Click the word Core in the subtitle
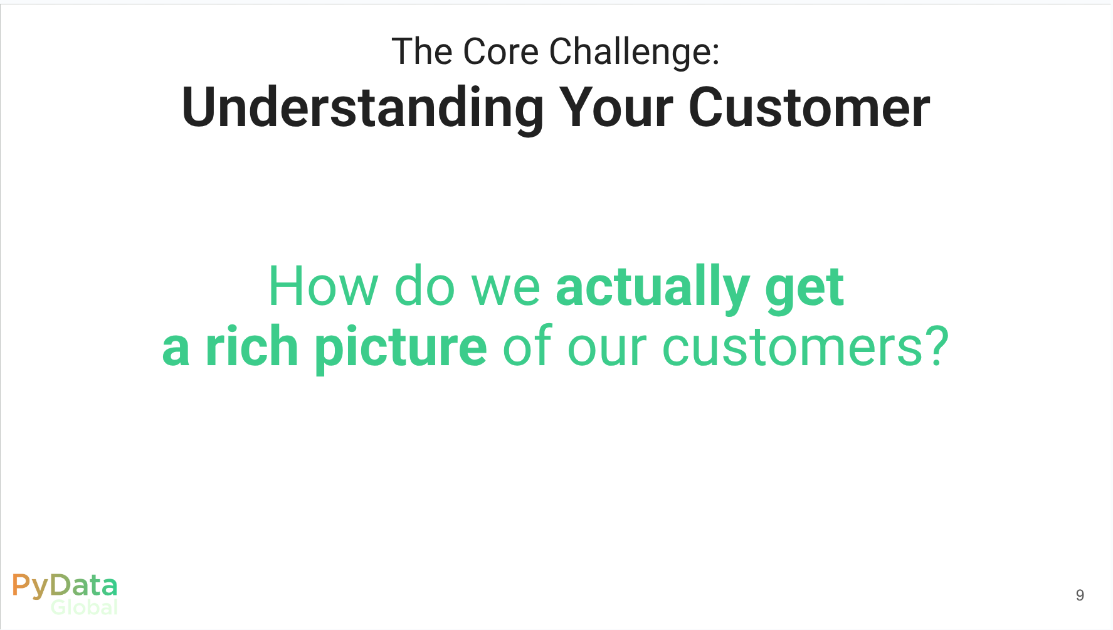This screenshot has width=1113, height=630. click(501, 51)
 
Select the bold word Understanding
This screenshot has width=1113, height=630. click(362, 109)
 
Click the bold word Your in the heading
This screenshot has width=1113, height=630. click(616, 107)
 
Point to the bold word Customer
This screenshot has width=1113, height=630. click(809, 107)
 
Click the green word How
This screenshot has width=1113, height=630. click(323, 286)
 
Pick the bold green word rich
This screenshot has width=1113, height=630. click(251, 346)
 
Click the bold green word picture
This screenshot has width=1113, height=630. click(401, 348)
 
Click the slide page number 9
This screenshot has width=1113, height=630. click(1080, 595)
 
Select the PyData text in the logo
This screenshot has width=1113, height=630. click(65, 586)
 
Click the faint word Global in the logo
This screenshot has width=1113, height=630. click(84, 607)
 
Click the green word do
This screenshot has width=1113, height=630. click(425, 286)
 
